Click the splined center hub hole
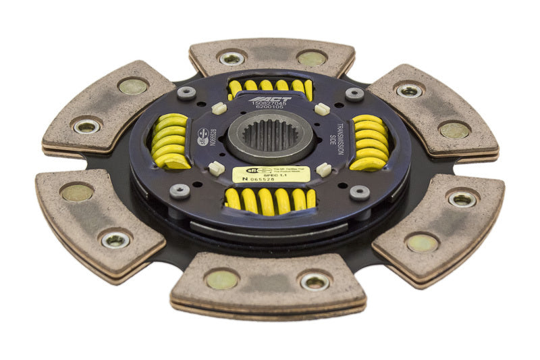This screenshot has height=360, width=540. pos(269,132)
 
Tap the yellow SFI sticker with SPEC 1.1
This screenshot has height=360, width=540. pos(271,174)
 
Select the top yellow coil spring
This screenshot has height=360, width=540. pos(271,86)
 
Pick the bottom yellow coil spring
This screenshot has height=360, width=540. pos(270,199)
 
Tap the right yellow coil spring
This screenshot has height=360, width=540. pos(370,141)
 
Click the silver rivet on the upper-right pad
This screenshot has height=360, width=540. pos(409,90)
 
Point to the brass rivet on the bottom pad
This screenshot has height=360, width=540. pos(222,278)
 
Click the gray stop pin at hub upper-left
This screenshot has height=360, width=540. pos(186,93)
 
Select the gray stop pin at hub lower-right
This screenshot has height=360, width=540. pos(359,192)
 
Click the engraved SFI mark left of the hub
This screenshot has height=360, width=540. pos(203,137)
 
